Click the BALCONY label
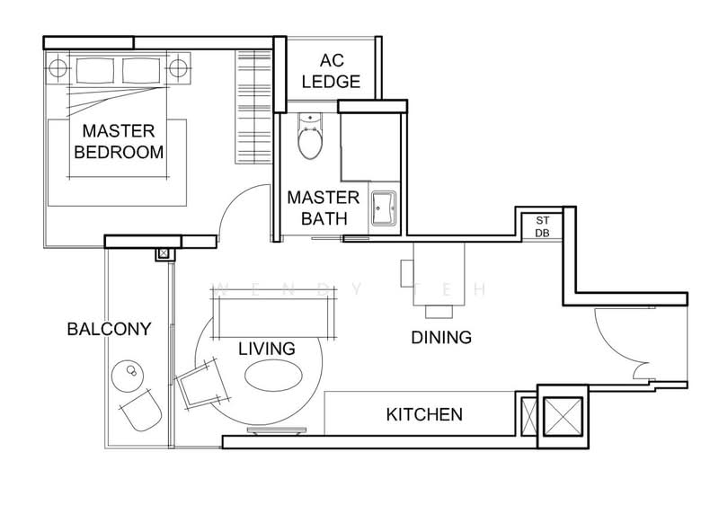[108, 329]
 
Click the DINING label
[440, 338]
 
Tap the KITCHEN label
[424, 414]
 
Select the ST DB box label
[543, 226]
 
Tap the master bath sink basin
[383, 206]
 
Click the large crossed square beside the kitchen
[561, 414]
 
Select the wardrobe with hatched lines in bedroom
[253, 106]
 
